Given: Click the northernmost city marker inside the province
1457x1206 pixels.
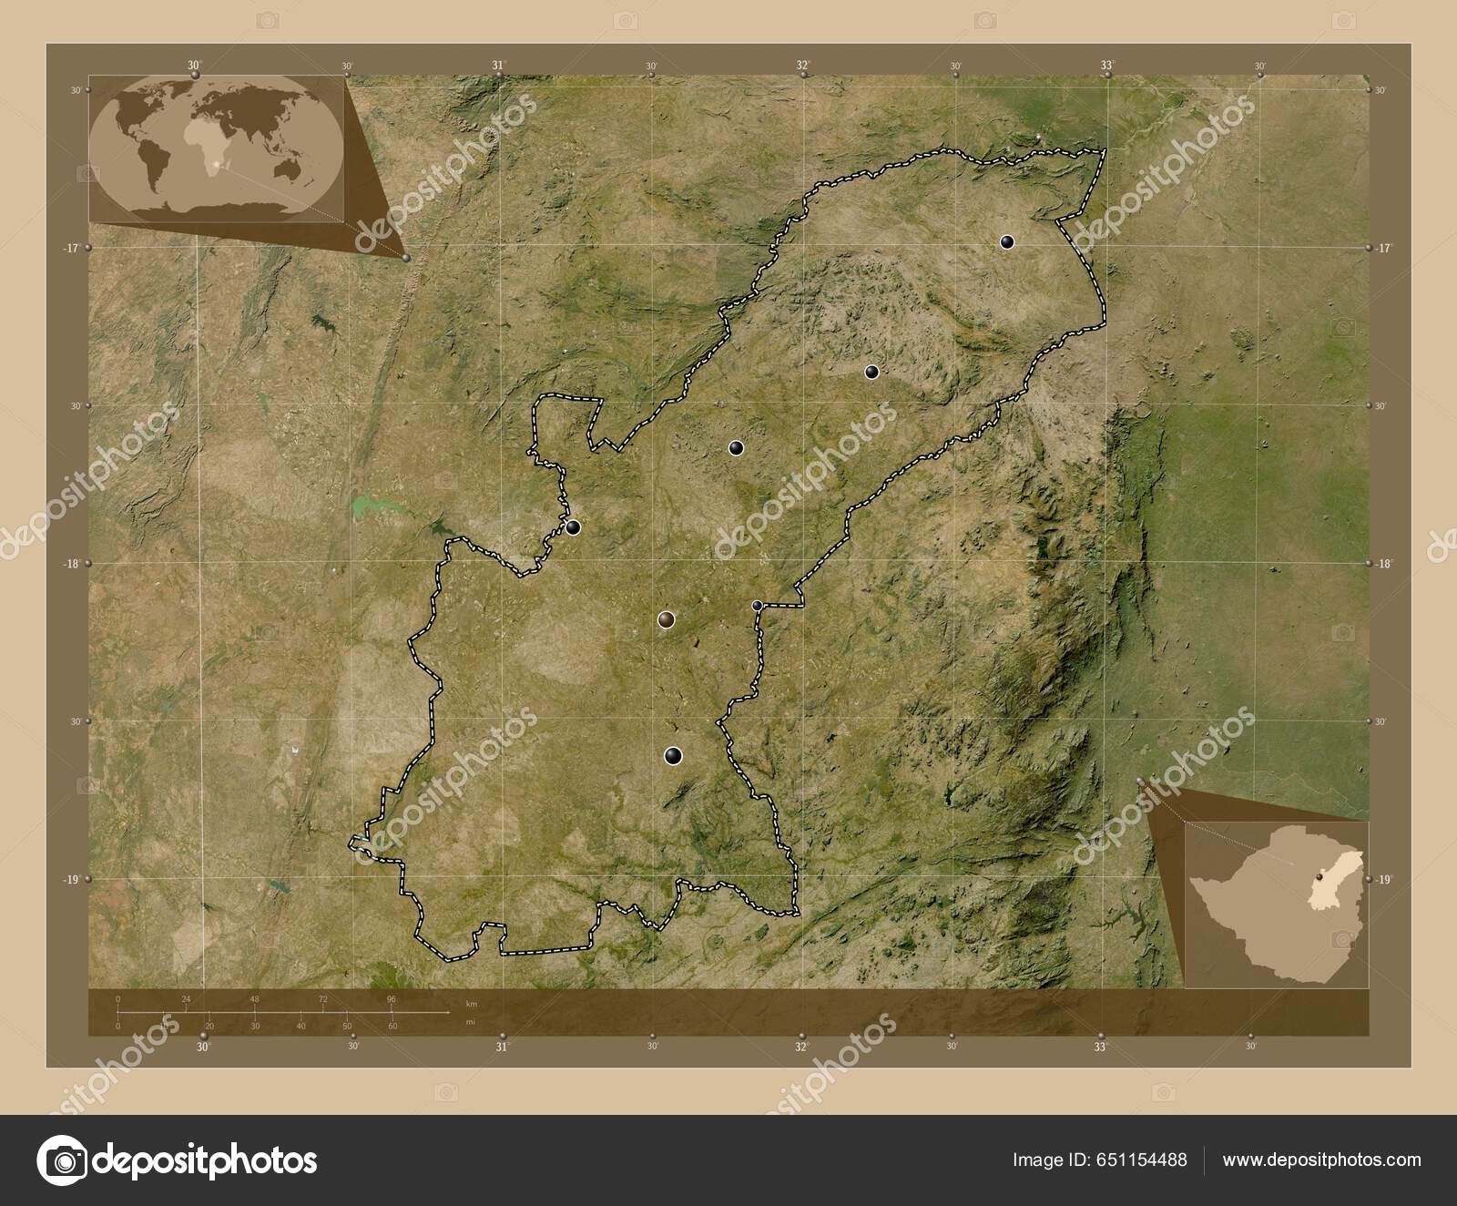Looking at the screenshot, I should tap(1006, 241).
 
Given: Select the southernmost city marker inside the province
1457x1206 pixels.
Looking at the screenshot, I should tap(672, 754).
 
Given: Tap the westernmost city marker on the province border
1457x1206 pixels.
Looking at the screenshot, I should tap(573, 526).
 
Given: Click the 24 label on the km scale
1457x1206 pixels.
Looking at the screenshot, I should tap(186, 999).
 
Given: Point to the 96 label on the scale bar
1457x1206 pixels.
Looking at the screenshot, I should tap(392, 999).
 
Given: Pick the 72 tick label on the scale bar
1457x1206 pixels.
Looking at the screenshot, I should tap(323, 999).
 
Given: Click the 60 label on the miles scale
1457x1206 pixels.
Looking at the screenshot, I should tap(392, 1027).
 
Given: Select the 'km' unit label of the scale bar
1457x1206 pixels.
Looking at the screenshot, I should tap(471, 1004).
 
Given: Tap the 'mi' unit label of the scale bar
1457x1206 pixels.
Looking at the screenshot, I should tap(470, 1022).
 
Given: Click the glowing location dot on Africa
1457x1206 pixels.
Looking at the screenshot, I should tap(216, 166).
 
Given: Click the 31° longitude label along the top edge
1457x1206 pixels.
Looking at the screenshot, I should tap(497, 66).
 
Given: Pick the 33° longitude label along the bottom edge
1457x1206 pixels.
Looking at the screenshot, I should tap(1101, 1048).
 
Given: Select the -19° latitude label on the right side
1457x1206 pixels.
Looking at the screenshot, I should tap(1383, 879).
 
